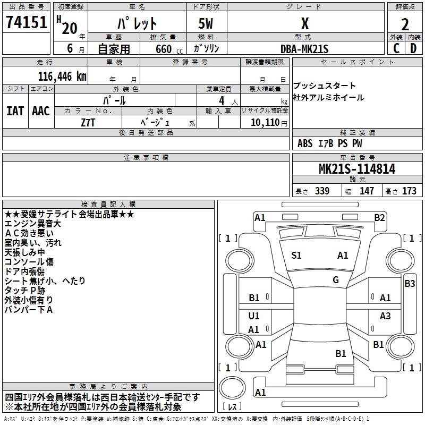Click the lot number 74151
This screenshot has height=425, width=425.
click(x=26, y=22)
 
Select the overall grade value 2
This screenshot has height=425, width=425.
click(x=405, y=24)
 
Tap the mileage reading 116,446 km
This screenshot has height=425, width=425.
click(x=62, y=76)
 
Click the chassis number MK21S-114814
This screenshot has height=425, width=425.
click(x=357, y=169)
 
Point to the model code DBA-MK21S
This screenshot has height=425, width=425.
click(x=304, y=49)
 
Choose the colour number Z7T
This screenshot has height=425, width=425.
click(x=88, y=123)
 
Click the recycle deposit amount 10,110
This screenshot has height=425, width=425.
click(x=265, y=123)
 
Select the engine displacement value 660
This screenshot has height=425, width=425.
click(x=164, y=49)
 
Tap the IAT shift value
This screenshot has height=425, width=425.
click(x=15, y=111)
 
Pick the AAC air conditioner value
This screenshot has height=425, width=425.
click(x=41, y=111)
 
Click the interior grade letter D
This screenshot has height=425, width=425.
click(x=413, y=48)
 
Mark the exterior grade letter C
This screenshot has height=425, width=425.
click(x=396, y=48)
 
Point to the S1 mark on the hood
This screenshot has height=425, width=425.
click(x=296, y=256)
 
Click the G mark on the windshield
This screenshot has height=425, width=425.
click(x=336, y=280)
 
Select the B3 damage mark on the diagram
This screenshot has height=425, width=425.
click(x=410, y=284)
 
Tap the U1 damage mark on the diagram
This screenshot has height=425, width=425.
click(x=254, y=316)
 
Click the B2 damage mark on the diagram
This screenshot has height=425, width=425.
click(x=379, y=218)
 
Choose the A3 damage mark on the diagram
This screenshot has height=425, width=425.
click(x=385, y=316)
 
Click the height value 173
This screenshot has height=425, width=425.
click(x=409, y=191)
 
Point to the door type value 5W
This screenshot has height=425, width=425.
click(x=206, y=23)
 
